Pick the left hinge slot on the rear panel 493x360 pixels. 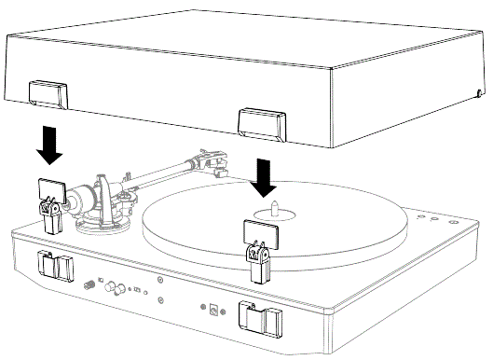tap(54, 265)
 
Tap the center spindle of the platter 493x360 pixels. tap(280, 215)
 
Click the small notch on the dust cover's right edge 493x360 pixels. tap(479, 92)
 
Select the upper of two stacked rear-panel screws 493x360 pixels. tap(162, 280)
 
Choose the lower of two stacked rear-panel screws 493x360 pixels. tap(162, 299)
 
